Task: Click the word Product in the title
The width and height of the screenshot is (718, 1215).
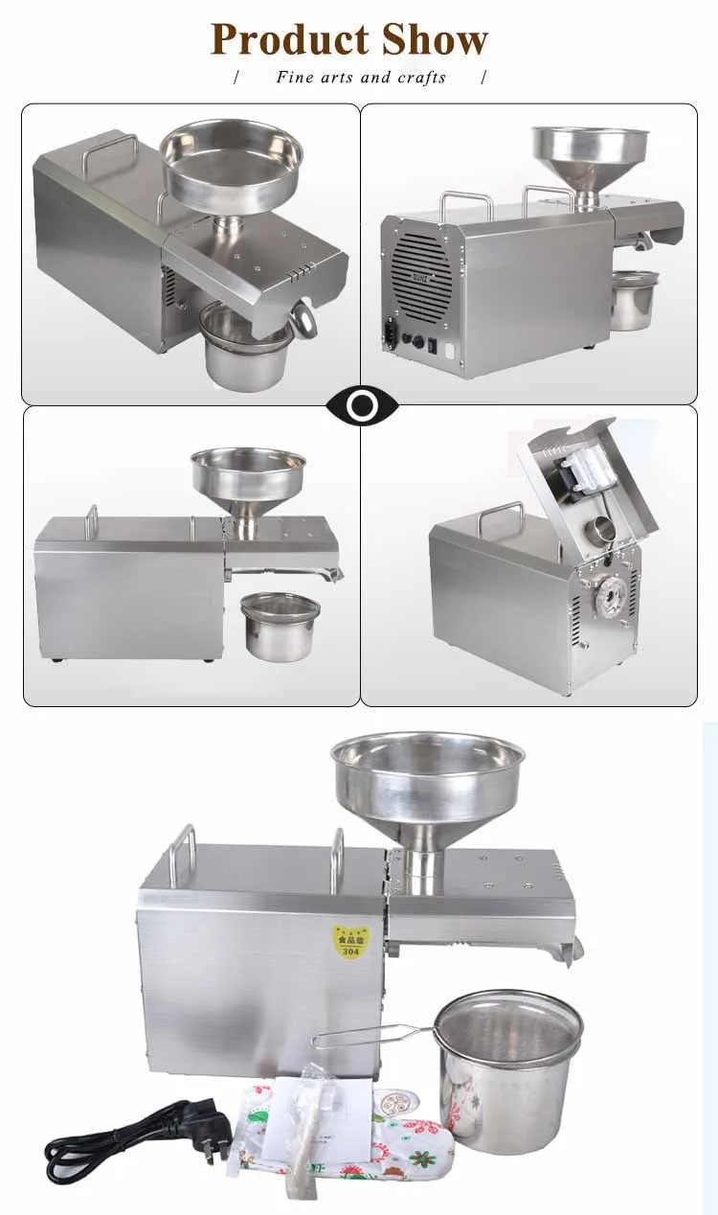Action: (x=290, y=39)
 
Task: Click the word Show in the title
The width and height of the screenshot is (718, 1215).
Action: (x=435, y=39)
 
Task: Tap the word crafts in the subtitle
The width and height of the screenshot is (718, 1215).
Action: (x=421, y=77)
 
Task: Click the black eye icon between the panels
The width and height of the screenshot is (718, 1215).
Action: (x=361, y=406)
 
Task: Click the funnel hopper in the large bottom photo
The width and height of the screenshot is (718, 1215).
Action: (x=428, y=776)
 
